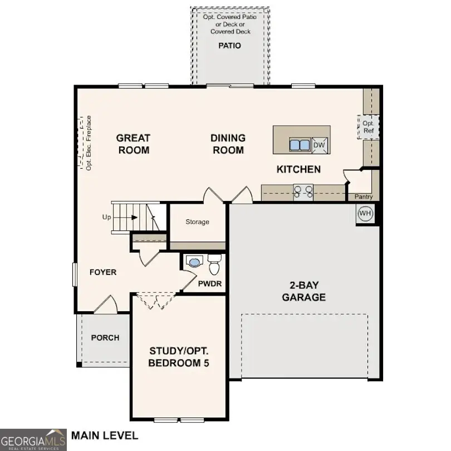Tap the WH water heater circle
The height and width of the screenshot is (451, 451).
coord(365,213)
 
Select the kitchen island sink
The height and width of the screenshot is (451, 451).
coord(300,145)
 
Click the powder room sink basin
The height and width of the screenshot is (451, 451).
coord(194,261)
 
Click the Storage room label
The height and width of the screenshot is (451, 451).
coord(197,222)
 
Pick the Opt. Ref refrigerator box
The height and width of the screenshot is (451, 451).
coord(367,127)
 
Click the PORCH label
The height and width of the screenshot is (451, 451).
coord(105,337)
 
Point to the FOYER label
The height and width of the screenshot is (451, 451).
coord(103,272)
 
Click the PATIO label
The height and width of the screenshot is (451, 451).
coord(229,46)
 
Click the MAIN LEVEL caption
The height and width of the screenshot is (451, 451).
coord(104,435)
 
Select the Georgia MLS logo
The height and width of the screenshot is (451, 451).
coord(33,439)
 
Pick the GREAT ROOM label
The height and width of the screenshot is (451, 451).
coord(133,144)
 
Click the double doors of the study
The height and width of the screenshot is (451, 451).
coord(156,301)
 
